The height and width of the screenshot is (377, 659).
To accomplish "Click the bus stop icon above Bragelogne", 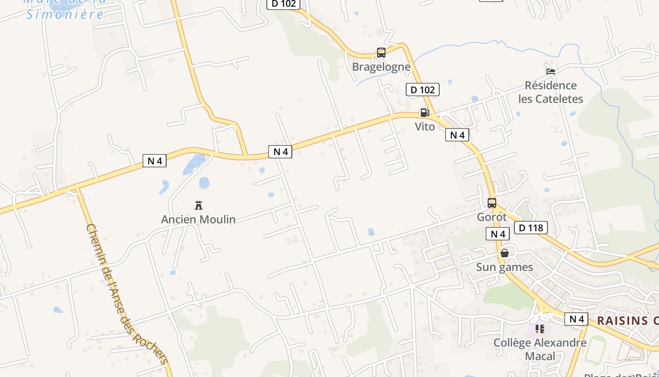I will tap(381, 53).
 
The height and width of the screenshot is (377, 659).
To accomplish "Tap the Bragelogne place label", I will tap(381, 67).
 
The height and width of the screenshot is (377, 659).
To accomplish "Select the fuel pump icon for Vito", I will tap(425, 113).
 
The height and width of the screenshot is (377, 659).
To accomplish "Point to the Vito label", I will tap(425, 126).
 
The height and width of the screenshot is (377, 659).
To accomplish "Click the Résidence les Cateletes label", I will tap(551, 92).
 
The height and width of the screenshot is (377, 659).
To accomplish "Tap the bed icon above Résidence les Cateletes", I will tap(551, 72).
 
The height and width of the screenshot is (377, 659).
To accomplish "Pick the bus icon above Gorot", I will tap(492, 203).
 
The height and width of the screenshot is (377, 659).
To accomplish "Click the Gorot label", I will tap(492, 217).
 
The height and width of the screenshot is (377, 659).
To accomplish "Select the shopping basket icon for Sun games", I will tap(505, 253).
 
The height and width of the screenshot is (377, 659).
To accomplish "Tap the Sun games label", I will tap(505, 267).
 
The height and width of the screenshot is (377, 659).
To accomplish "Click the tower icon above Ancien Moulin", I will tap(199, 205).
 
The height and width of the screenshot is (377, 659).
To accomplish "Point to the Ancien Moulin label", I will tap(199, 220).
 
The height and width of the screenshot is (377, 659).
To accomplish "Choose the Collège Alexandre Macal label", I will tap(540, 349).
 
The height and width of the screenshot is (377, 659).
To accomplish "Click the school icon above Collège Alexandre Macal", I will tap(540, 329).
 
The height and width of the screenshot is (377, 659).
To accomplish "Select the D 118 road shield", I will tap(531, 228).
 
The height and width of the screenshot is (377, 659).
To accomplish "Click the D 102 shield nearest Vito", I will tap(422, 90).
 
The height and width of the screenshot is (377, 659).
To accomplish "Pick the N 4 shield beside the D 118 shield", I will tap(498, 234).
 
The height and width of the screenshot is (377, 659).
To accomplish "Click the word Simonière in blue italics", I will tap(65, 15).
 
